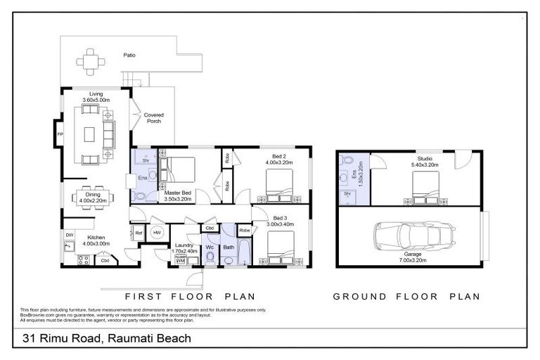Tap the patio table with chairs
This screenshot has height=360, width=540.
(x=91, y=61)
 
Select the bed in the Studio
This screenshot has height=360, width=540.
(x=424, y=188)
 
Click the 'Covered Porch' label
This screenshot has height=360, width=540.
(x=153, y=117)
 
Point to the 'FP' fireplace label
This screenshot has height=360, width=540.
(x=60, y=133)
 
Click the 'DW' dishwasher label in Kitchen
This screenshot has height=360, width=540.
(x=70, y=234)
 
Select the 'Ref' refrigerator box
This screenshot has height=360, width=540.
(x=139, y=233)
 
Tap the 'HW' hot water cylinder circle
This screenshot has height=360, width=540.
(x=156, y=233)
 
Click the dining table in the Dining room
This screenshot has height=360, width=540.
(x=91, y=199)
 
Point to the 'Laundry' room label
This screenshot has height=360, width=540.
(x=184, y=245)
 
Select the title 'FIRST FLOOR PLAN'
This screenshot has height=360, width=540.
(x=189, y=296)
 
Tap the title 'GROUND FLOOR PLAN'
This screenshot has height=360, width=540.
(x=406, y=296)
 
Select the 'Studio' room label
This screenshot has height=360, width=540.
(x=424, y=158)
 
